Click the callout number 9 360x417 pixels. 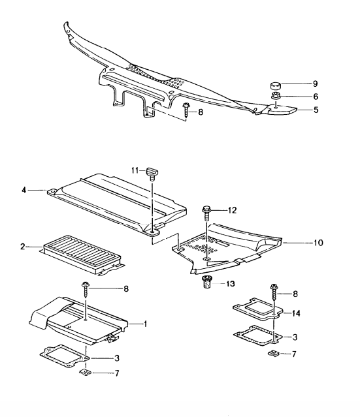pos(315,84)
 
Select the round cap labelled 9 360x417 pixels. pos(275,86)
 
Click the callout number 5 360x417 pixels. pos(316,110)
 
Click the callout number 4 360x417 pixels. pos(24,190)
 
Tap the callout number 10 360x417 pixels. pos(318,243)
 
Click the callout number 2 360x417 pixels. pos(23,247)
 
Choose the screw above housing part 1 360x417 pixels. pos(86,290)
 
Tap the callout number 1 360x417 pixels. pos(145,324)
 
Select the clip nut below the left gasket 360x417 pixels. pos(85,372)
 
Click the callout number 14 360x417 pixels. pos(295,313)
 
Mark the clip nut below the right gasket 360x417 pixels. pos(273,353)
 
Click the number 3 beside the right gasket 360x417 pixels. pos(295,337)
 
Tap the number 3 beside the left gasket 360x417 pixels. pos(117,358)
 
